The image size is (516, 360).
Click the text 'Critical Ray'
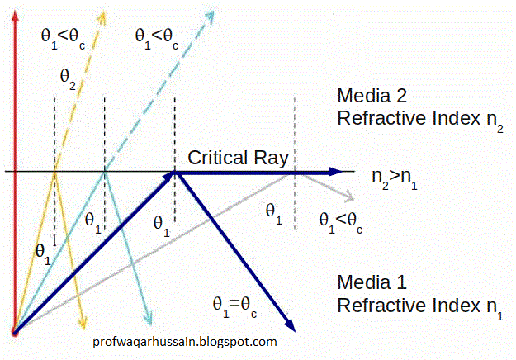click(237, 157)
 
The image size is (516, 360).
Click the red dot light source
click(13, 332)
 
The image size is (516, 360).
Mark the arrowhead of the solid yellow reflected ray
click(83, 321)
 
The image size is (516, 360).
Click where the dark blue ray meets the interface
click(174, 172)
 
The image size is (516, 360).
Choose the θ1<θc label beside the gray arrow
click(341, 222)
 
